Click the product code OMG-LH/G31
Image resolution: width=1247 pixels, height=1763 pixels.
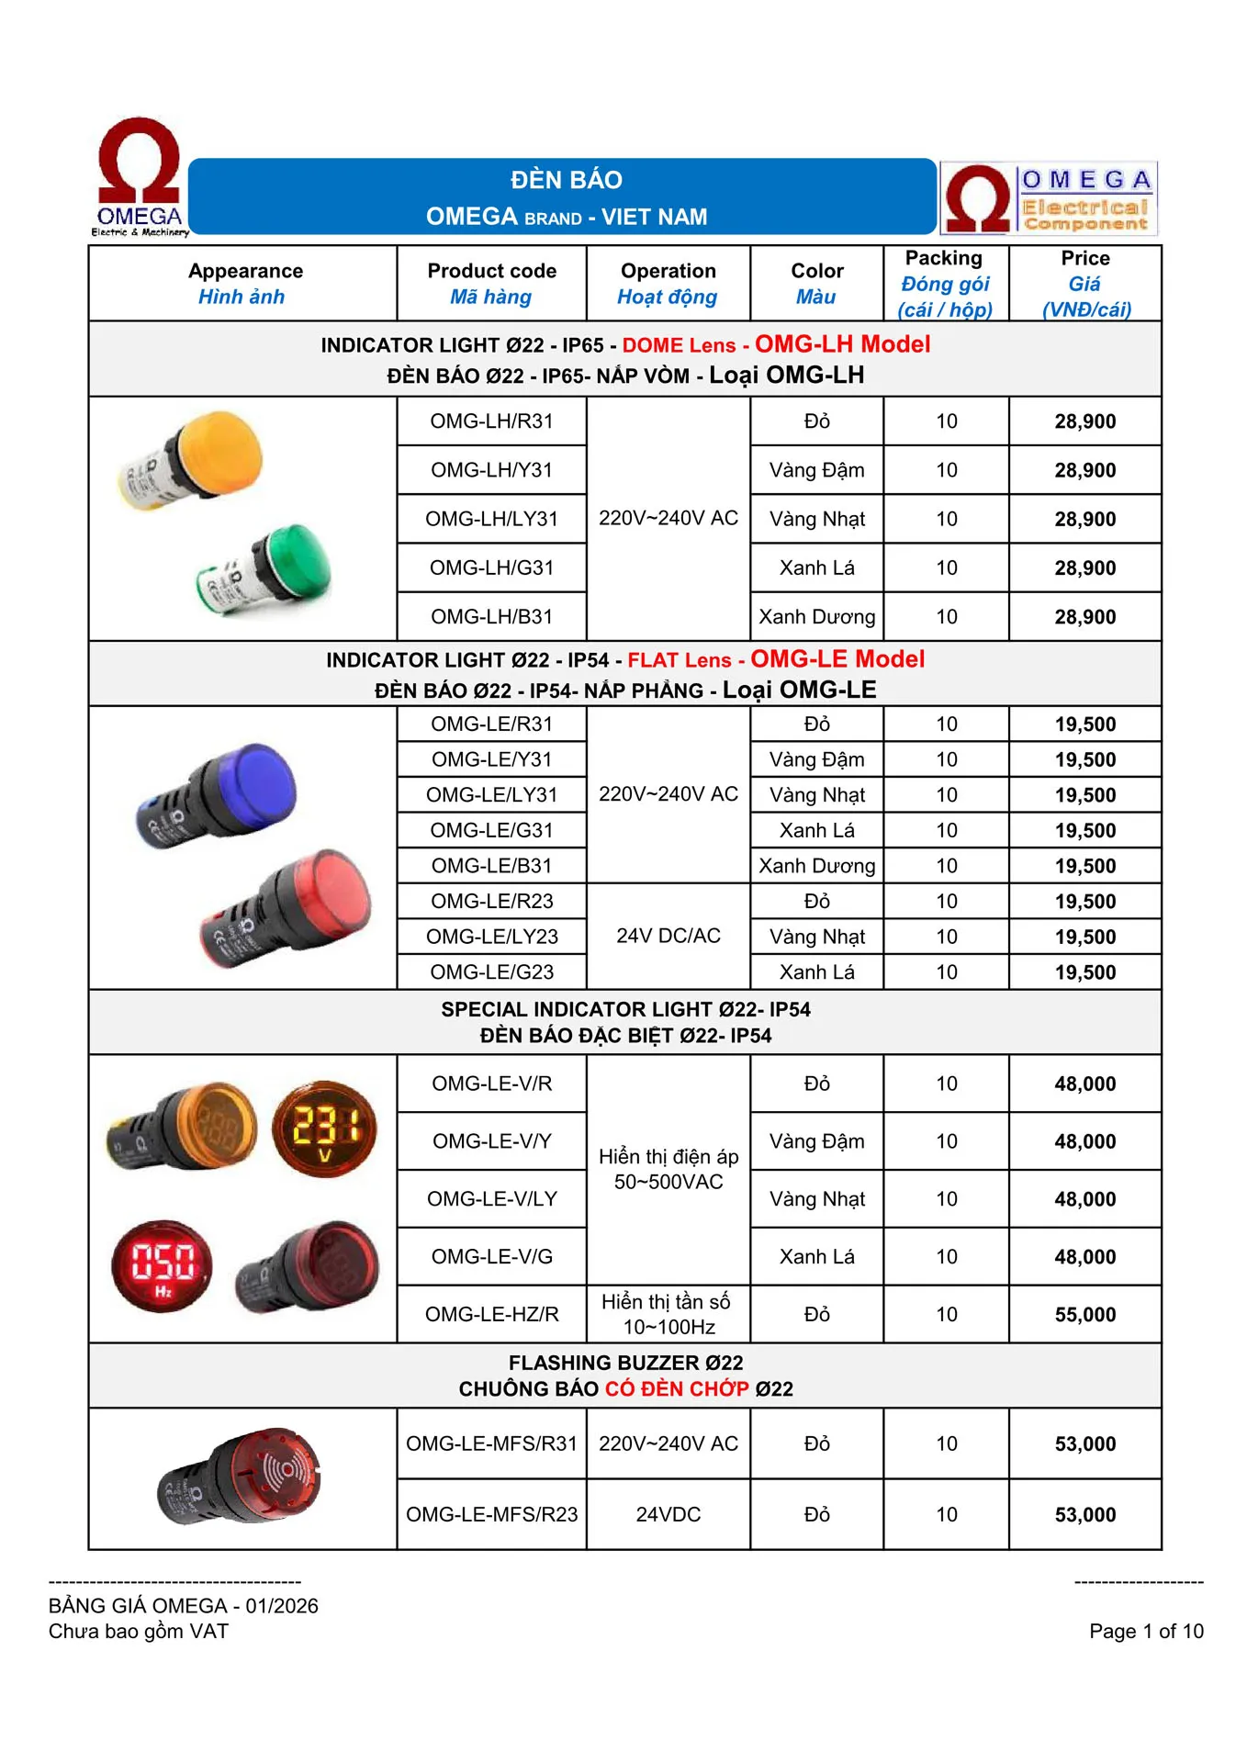tap(491, 568)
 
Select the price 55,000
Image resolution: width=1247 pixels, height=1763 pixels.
tap(1084, 1315)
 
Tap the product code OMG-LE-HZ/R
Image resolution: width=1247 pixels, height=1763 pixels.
tap(491, 1315)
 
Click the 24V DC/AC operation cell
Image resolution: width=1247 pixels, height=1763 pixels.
tap(668, 937)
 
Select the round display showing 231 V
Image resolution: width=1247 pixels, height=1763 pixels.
tap(324, 1129)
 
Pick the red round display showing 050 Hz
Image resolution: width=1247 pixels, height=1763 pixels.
tap(163, 1265)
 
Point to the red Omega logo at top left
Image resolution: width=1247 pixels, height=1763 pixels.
tap(140, 175)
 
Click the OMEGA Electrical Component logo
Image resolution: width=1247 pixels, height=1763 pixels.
tap(1049, 198)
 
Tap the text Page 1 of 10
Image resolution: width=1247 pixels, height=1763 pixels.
tap(1145, 1632)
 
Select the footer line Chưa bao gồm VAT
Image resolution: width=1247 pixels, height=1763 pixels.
tap(139, 1632)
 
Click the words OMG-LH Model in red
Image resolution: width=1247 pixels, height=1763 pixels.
tap(842, 344)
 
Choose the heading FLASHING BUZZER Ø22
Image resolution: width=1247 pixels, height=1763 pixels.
tap(625, 1363)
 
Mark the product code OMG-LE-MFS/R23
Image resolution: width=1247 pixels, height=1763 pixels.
tap(491, 1515)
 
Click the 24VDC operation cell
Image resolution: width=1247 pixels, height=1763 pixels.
tap(668, 1515)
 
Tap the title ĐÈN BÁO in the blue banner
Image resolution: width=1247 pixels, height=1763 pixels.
tap(566, 180)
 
